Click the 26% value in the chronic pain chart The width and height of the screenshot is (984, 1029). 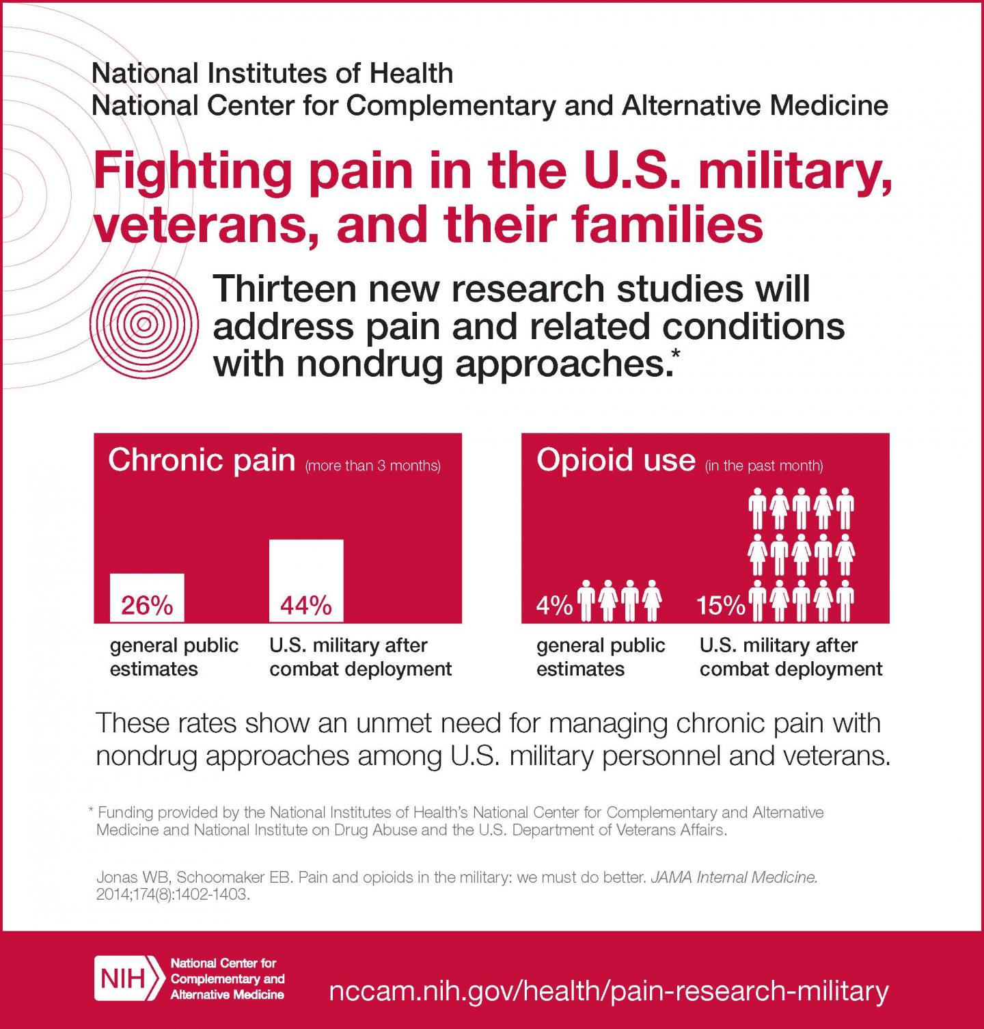147,605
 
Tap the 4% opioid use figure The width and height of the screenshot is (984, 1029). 554,606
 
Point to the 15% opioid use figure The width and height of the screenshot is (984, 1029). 721,606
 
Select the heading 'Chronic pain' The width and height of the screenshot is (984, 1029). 202,460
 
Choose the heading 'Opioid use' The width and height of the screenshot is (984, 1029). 616,460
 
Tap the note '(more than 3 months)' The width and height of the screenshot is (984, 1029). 373,466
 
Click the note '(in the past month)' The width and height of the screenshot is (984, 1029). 764,466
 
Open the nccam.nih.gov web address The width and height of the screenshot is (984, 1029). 609,991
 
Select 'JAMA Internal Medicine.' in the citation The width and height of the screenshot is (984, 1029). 734,877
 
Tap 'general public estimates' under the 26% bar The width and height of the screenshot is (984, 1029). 174,657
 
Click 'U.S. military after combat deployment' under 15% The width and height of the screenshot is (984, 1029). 791,657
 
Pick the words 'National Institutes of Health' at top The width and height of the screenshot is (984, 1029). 272,73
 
